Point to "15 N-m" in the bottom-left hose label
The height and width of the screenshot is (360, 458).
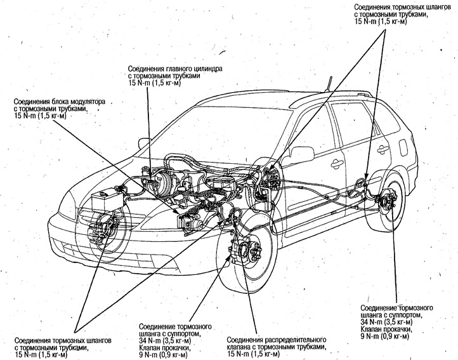pyautogui.click(x=29, y=354)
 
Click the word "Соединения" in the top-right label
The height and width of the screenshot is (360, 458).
pyautogui.click(x=376, y=6)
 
